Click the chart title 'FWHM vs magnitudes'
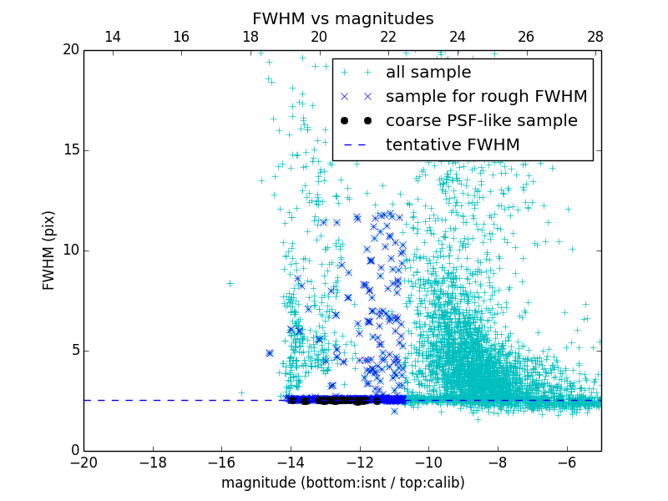click(x=342, y=18)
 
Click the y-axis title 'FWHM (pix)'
click(x=49, y=250)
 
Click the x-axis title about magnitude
click(x=342, y=483)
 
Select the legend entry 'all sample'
click(x=428, y=73)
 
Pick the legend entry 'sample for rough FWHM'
click(x=486, y=97)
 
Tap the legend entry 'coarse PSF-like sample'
click(x=481, y=121)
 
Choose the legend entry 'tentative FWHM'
click(x=453, y=145)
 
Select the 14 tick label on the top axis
click(x=112, y=37)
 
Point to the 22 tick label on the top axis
click(x=388, y=37)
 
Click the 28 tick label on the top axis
click(x=595, y=37)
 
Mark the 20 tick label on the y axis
click(x=70, y=50)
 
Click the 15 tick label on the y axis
click(x=70, y=150)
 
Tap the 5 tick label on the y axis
click(x=73, y=351)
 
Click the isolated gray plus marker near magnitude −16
click(x=230, y=283)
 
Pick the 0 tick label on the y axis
click(x=73, y=451)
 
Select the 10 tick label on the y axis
click(x=70, y=250)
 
